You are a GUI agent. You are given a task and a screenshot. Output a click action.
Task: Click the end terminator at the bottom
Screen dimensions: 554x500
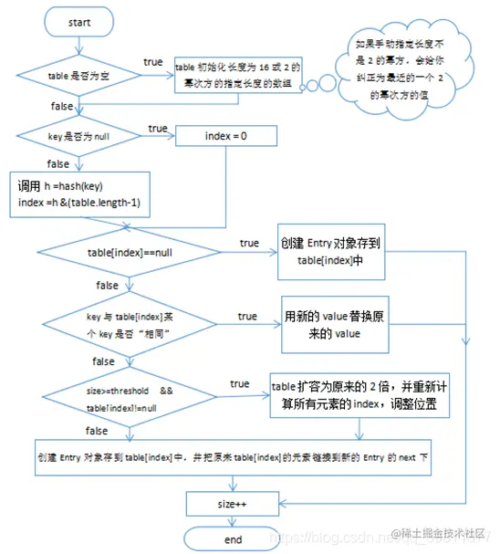[233, 538]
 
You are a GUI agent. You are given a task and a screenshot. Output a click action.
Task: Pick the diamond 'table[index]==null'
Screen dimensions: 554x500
[128, 251]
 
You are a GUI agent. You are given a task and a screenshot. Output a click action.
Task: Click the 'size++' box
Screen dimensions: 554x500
[233, 501]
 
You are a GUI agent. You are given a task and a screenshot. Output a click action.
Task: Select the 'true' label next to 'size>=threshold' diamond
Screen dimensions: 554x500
[240, 384]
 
